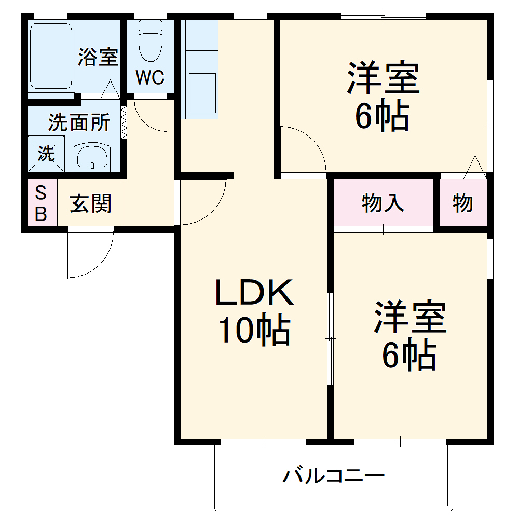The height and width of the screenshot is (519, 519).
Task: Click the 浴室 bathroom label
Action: tap(98, 57)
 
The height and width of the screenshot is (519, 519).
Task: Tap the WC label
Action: tap(150, 77)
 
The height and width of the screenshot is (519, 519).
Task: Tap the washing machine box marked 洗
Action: tap(46, 153)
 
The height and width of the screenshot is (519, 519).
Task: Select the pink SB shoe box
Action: tap(41, 203)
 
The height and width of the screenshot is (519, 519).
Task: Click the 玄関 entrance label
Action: tap(91, 203)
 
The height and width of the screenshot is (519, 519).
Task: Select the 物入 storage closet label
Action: tap(383, 203)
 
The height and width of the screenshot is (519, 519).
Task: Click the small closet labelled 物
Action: tap(462, 203)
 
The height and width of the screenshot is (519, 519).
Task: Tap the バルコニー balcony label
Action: tap(333, 475)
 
